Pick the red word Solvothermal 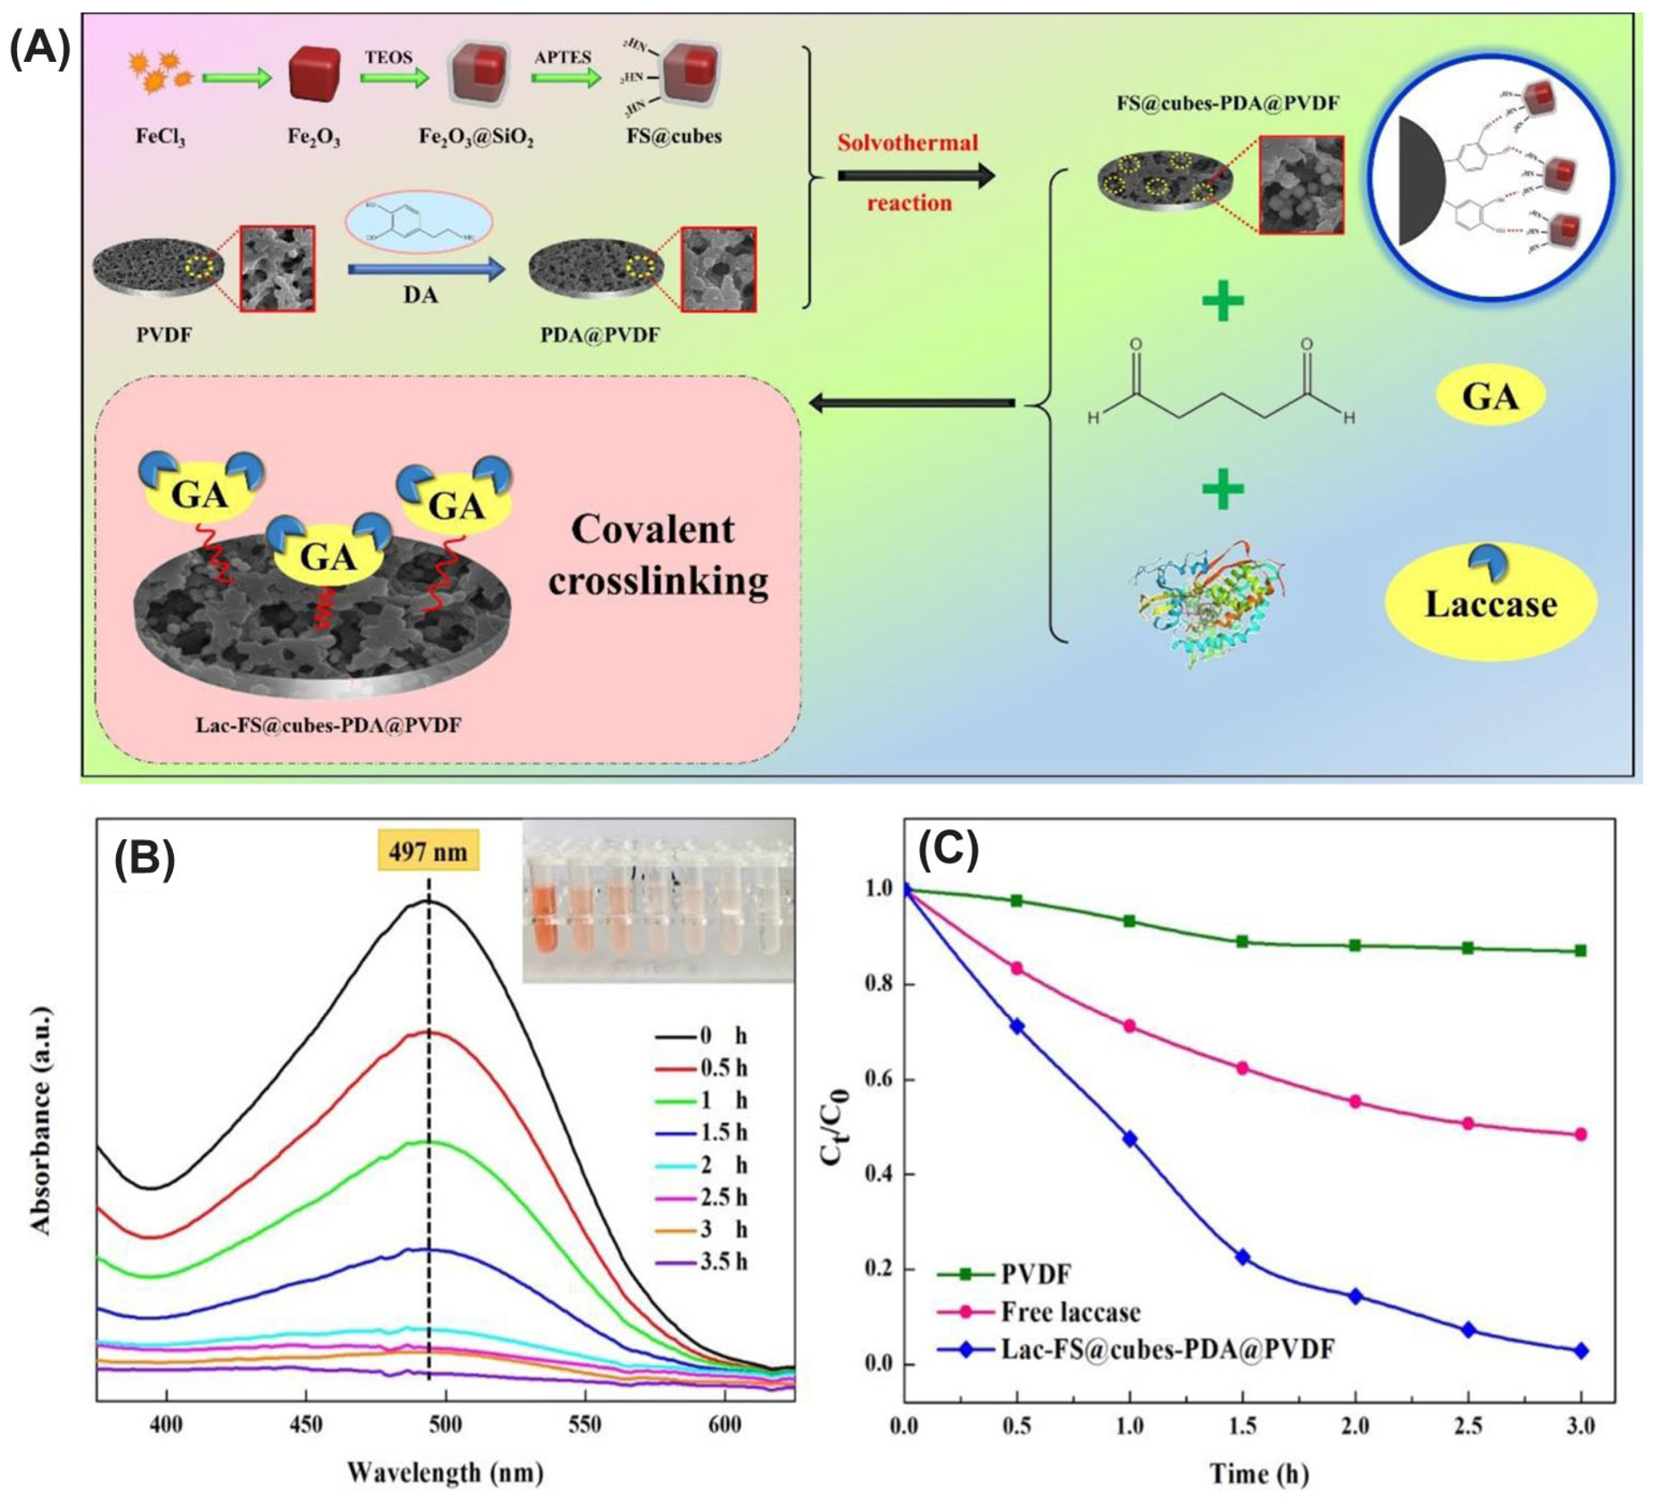(x=907, y=143)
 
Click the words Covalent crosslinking (x=658, y=555)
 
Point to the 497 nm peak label (x=428, y=851)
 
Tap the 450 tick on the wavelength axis (x=305, y=1426)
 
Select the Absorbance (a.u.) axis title (x=40, y=1120)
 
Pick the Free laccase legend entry (x=1070, y=1312)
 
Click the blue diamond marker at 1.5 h (x=1242, y=1256)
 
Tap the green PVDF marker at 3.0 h (x=1580, y=951)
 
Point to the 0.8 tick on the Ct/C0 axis (x=879, y=984)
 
